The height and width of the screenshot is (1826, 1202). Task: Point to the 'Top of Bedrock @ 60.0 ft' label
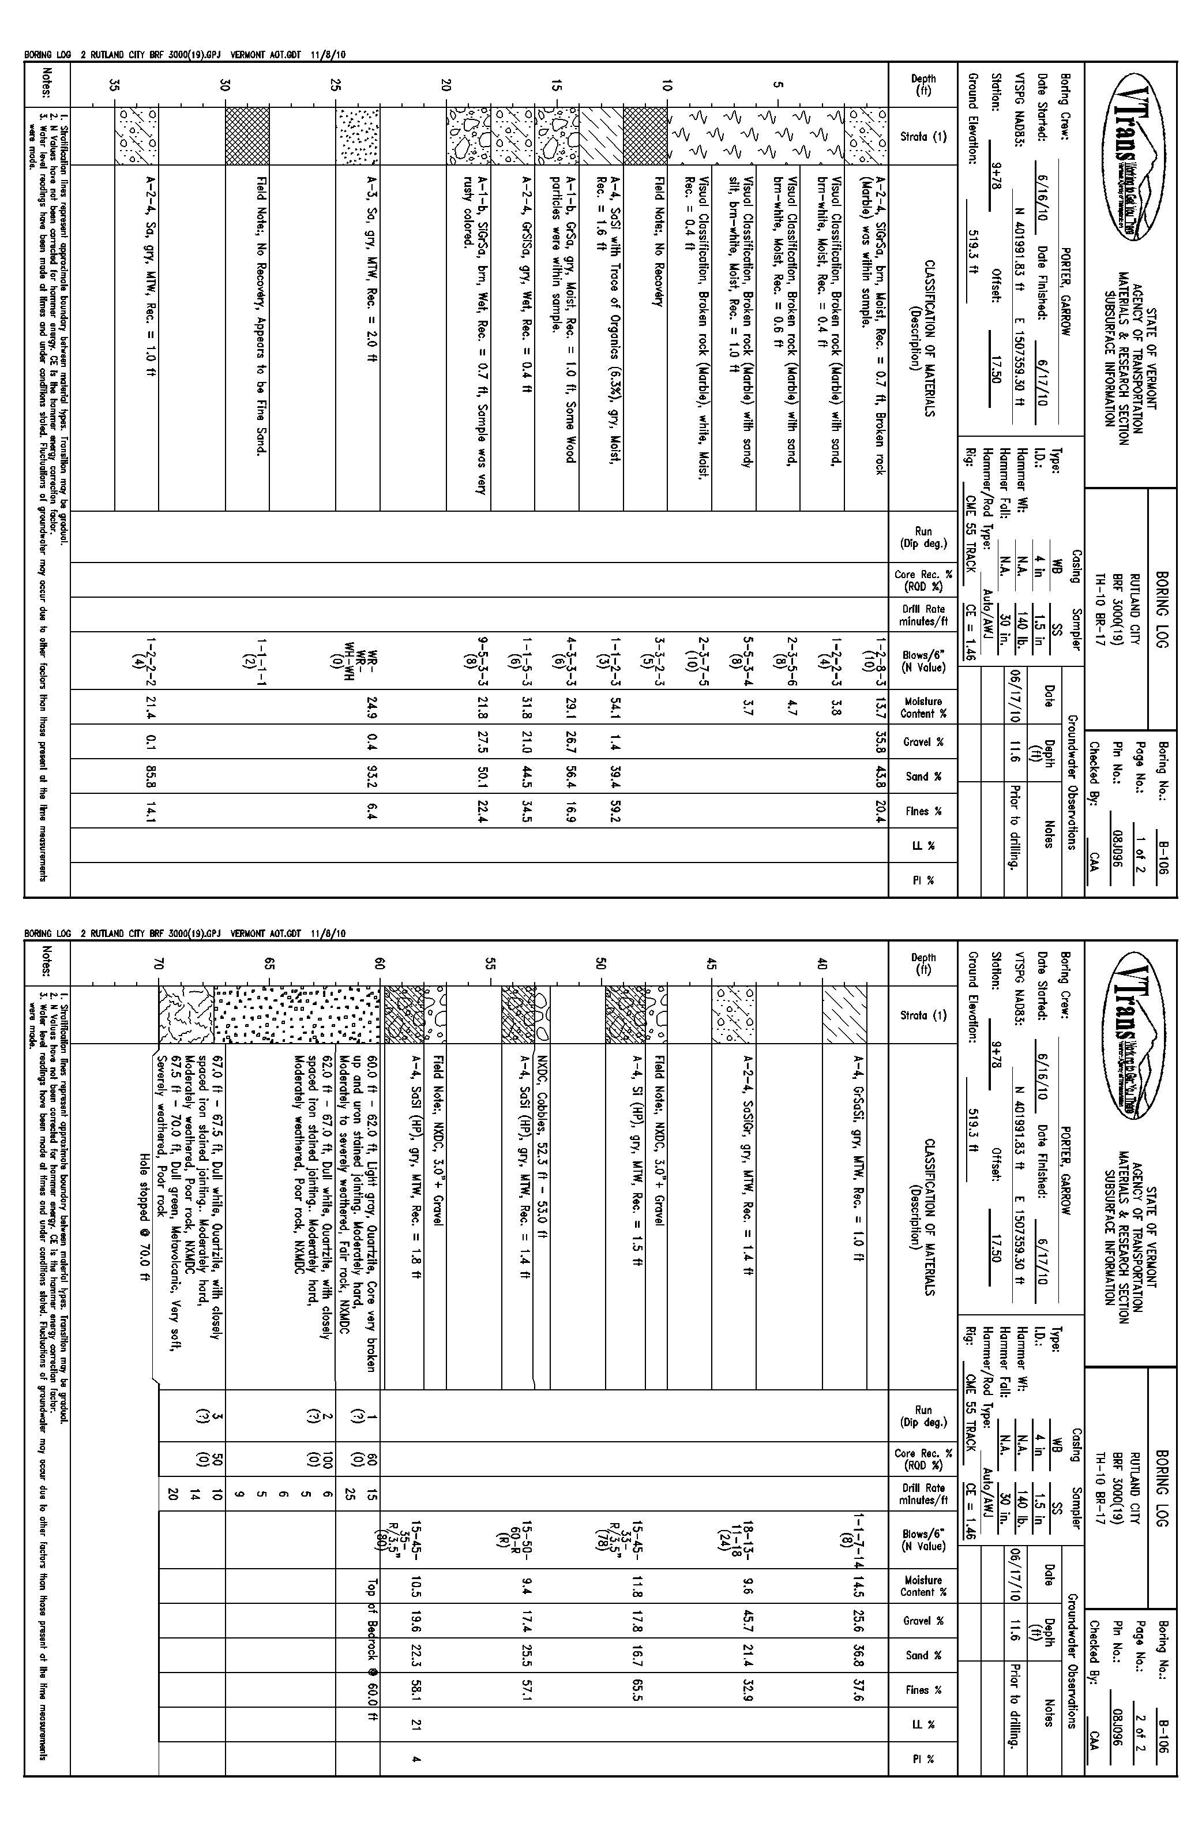(x=373, y=1650)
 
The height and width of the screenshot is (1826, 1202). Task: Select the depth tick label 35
(x=115, y=85)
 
